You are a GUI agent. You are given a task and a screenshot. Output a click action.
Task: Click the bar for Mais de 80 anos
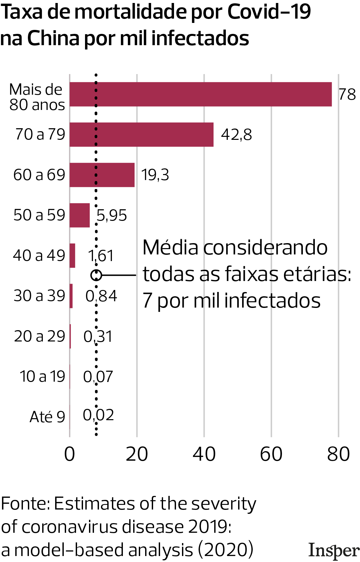coord(201,94)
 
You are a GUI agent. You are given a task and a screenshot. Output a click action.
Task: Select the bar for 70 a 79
coord(141,135)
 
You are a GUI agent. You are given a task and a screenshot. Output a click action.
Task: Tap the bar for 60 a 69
coord(102,175)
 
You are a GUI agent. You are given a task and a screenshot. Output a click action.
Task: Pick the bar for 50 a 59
coord(80,215)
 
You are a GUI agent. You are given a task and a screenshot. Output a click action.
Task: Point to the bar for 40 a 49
coord(72,255)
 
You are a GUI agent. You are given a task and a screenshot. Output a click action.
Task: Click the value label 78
coord(347,94)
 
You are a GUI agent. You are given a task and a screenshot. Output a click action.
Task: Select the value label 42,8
coord(236,135)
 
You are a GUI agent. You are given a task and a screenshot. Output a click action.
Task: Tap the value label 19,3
coord(155,175)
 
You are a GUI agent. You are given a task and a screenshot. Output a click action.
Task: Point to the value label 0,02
coord(98,415)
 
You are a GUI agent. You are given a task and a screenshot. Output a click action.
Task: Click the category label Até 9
coord(47,417)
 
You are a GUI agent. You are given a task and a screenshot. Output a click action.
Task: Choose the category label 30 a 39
coord(39,296)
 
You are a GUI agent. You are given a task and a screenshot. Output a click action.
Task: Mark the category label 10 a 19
coord(42,376)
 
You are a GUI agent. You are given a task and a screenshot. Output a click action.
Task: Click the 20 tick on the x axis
coord(137,454)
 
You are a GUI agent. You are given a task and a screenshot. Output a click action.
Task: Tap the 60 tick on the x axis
coord(271,454)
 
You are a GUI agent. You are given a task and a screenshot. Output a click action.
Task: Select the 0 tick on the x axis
coord(70,454)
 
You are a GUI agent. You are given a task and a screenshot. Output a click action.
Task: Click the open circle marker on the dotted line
coord(96,275)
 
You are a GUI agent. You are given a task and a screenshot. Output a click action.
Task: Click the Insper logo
coord(334,550)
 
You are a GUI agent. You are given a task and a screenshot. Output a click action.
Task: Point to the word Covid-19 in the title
coord(269,12)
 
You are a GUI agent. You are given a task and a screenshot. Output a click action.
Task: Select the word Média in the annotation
coord(170,248)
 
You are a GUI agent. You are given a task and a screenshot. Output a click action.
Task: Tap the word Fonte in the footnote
coord(25,504)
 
